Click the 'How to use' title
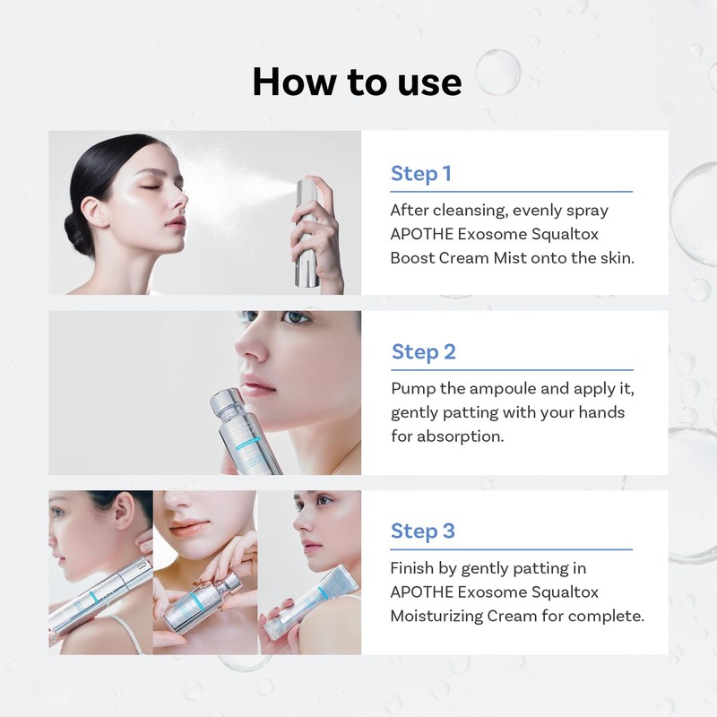tap(357, 82)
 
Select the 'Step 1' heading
tap(420, 174)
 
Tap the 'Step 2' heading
tap(423, 352)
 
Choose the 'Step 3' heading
tap(422, 531)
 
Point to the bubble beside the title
tap(497, 72)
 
